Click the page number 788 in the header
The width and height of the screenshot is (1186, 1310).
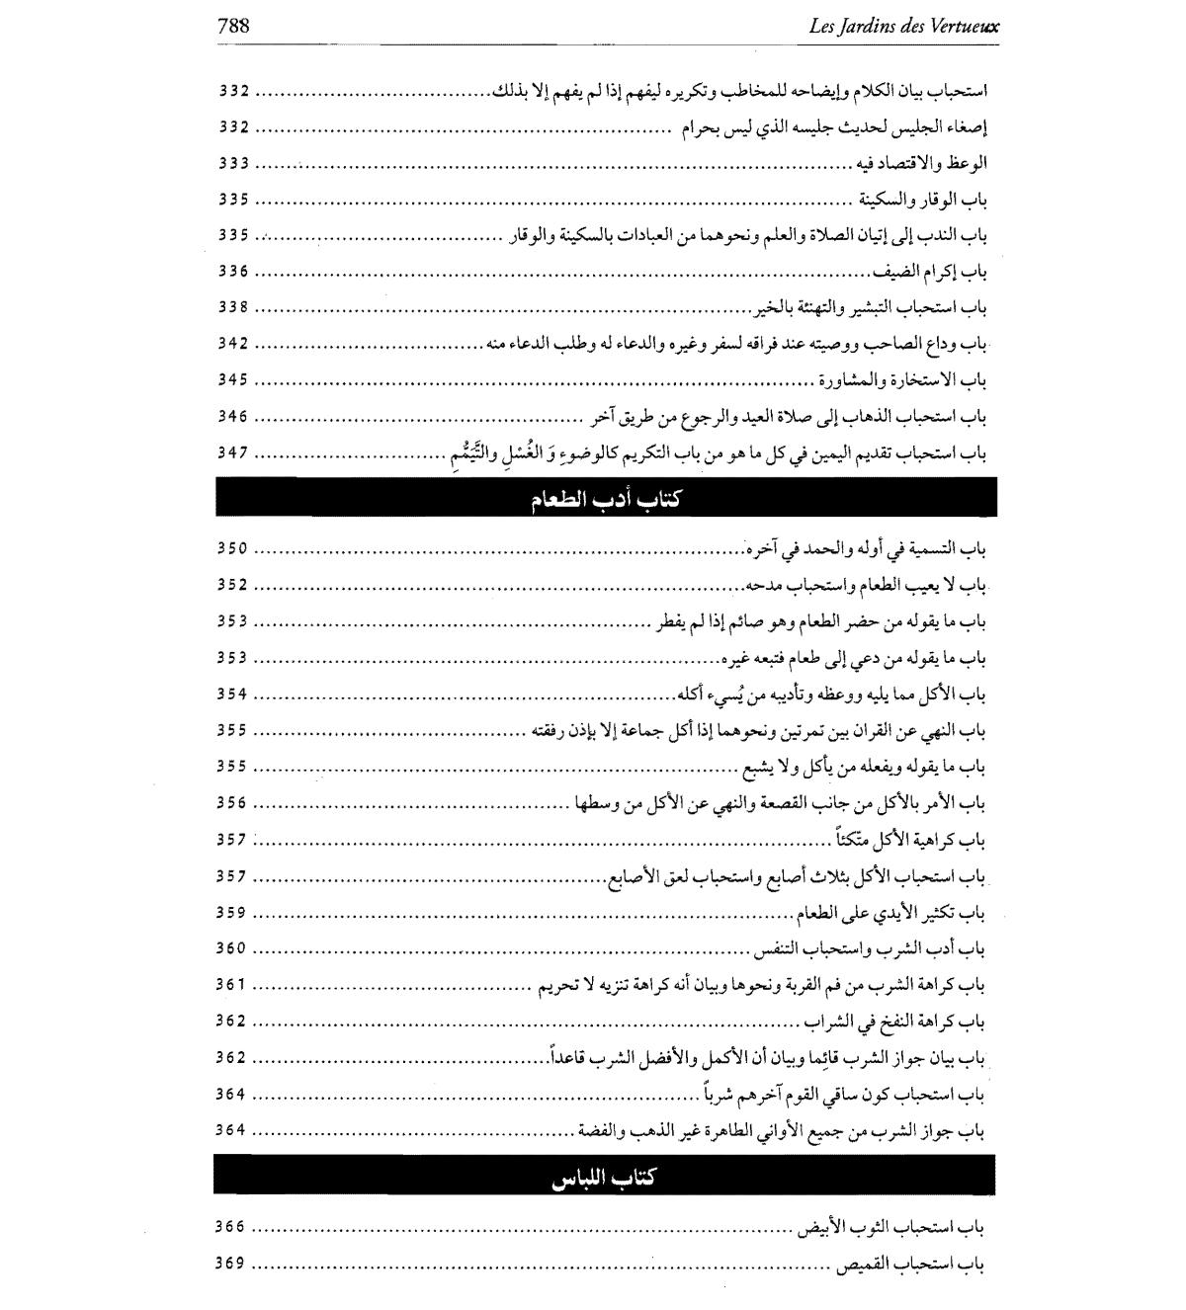click(233, 27)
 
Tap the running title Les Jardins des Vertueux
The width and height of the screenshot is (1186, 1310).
click(903, 27)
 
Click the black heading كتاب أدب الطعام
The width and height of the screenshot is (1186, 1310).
click(605, 498)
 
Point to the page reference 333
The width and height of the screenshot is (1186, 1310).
click(233, 163)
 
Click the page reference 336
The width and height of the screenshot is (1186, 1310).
click(233, 272)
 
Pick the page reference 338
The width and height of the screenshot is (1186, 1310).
click(233, 307)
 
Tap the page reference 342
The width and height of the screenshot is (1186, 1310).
click(233, 344)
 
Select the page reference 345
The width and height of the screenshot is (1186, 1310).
click(233, 380)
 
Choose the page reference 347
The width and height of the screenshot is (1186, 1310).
click(233, 452)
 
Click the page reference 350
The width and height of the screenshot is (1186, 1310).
click(233, 548)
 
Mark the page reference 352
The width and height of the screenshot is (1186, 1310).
click(233, 585)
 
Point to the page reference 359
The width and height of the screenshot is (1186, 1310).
click(233, 913)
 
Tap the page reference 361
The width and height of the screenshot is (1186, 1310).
click(233, 985)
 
